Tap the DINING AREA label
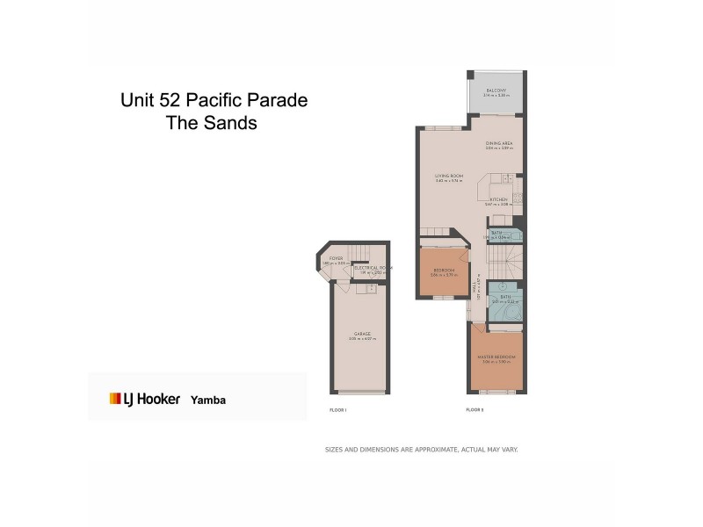(x=498, y=142)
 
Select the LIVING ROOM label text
(x=448, y=177)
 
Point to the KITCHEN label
(x=498, y=200)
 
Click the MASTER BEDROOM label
(x=497, y=357)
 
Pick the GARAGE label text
(x=361, y=334)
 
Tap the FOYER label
(x=335, y=258)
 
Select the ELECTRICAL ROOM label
(x=373, y=268)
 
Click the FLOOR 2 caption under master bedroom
(x=475, y=410)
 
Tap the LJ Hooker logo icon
(x=115, y=399)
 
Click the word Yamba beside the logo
(x=208, y=399)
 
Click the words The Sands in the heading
(x=212, y=124)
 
